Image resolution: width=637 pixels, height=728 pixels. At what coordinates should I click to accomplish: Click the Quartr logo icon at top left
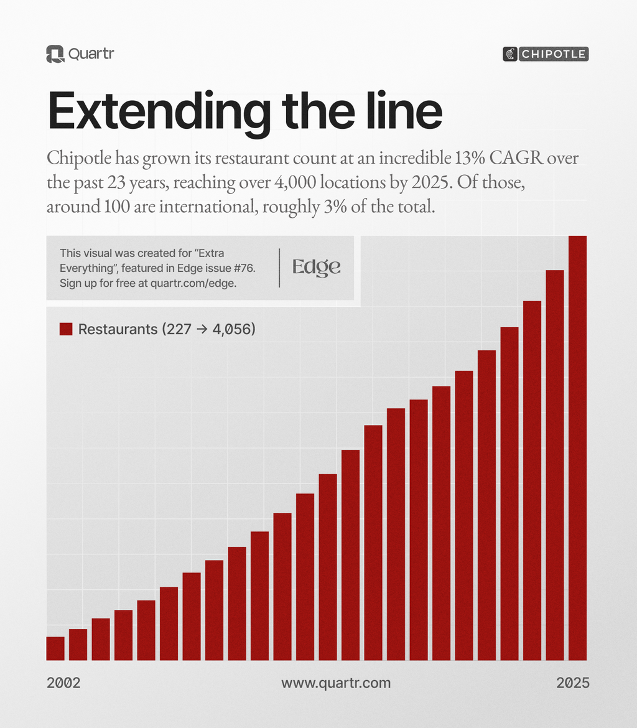point(55,54)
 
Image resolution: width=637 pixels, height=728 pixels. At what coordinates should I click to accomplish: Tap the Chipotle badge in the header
point(545,54)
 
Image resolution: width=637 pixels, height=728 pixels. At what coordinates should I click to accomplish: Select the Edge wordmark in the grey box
point(317,267)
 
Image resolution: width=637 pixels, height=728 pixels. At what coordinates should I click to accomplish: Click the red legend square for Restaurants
point(66,329)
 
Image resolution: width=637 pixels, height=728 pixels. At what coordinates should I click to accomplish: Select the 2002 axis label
point(63,683)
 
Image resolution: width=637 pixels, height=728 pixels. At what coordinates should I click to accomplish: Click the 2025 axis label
point(572,683)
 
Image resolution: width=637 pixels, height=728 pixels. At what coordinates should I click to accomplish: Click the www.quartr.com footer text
point(336,683)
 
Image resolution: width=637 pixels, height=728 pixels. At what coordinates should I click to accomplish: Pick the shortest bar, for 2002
point(55,648)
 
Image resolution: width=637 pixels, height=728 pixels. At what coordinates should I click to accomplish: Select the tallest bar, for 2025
point(578,448)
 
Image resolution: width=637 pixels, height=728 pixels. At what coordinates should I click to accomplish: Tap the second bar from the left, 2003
point(78,645)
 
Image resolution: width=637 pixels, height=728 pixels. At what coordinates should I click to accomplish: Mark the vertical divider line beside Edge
point(279,268)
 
